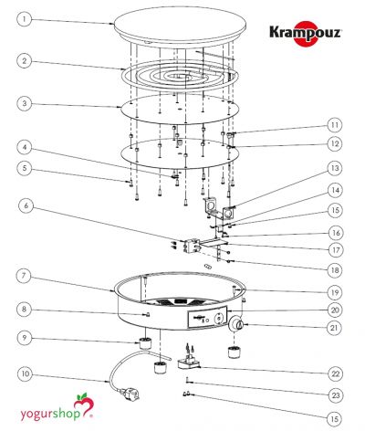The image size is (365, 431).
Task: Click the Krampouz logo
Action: pos(306,33)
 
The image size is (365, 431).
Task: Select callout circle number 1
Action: pos(24,20)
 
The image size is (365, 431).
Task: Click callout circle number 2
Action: pos(24,60)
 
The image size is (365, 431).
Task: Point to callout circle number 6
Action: pos(26,206)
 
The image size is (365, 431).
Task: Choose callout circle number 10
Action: pos(26,373)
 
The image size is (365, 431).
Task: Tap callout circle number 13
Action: pos(335,168)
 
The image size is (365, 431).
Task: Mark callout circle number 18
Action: pos(335,270)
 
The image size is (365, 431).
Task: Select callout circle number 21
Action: pos(335,328)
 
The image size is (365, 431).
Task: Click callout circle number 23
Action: pos(335,395)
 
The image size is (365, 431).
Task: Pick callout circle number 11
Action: pos(335,125)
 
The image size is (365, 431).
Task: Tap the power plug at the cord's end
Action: pos(131,394)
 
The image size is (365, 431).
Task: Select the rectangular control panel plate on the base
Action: pos(207,317)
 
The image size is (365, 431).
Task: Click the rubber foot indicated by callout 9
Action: pos(145,343)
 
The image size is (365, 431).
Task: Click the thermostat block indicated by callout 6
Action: pos(191,246)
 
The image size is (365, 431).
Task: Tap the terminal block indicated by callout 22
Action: pos(189,360)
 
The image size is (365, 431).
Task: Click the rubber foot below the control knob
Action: pos(235,352)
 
